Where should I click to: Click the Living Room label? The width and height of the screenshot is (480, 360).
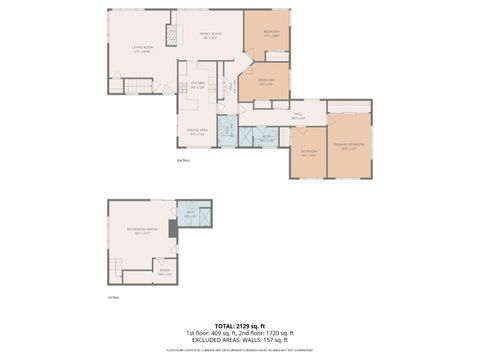(x=141, y=48)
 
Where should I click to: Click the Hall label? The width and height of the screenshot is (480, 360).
(x=297, y=116)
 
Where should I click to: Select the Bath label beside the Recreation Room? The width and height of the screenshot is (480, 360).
(x=191, y=212)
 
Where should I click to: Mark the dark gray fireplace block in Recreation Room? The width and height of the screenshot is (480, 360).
(x=173, y=229)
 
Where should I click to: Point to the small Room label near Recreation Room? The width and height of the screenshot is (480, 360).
(x=163, y=274)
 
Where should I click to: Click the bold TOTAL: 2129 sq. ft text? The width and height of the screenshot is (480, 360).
(x=240, y=326)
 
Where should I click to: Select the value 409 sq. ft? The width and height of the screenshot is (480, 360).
(x=222, y=333)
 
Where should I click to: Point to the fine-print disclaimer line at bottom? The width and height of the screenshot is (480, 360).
(x=240, y=350)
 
